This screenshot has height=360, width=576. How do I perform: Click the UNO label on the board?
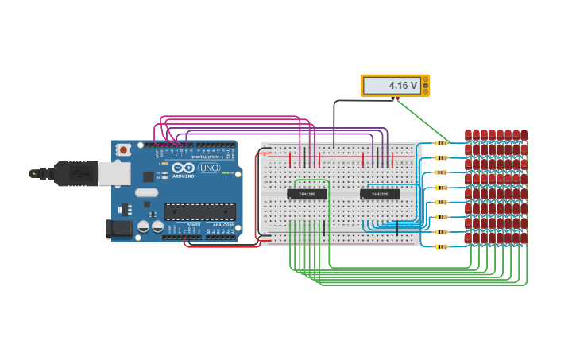(209, 168)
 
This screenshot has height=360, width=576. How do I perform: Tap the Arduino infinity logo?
(183, 168)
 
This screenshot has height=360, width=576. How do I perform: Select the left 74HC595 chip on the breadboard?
(307, 194)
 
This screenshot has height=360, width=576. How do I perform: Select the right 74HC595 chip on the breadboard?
(380, 194)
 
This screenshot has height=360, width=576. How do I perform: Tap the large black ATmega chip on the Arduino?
(199, 211)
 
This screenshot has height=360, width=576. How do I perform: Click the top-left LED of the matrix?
(469, 134)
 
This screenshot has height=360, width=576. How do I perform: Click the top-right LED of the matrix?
(524, 134)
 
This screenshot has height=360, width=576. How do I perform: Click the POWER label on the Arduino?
(193, 225)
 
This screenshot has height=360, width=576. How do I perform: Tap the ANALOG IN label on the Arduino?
(222, 225)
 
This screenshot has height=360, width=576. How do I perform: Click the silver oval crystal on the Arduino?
(147, 192)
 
